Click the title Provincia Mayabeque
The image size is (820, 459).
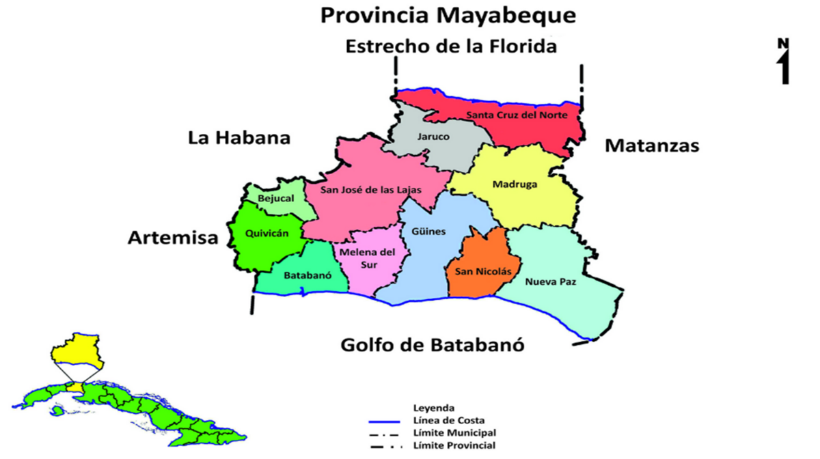pos(449,15)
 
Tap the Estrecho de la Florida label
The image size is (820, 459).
pos(451,46)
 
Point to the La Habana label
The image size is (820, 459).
pos(239,138)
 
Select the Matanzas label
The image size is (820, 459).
pos(652,145)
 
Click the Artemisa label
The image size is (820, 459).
pos(173,238)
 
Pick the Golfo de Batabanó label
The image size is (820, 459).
pos(433,345)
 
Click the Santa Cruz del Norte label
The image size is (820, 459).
pos(517,115)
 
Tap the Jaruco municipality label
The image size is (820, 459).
pos(433,137)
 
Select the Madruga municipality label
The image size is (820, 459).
pos(515,184)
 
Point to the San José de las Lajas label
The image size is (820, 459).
pos(363,190)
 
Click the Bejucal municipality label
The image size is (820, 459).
pos(276,199)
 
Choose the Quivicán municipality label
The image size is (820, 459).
pos(266,234)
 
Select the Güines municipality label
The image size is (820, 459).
pos(428,232)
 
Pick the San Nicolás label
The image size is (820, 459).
pos(483,271)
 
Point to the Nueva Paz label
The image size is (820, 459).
pos(550,281)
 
